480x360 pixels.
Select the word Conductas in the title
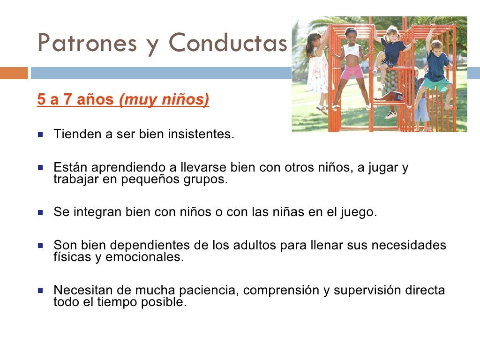coord(228,43)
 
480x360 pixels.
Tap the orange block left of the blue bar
coord(14,73)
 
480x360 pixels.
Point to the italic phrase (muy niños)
coord(164,100)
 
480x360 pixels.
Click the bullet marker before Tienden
coord(41,135)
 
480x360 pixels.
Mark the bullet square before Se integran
coord(41,212)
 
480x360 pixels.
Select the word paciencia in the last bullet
coord(208,290)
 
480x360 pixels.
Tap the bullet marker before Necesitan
coord(41,290)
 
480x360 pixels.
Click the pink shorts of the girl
coord(352,72)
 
